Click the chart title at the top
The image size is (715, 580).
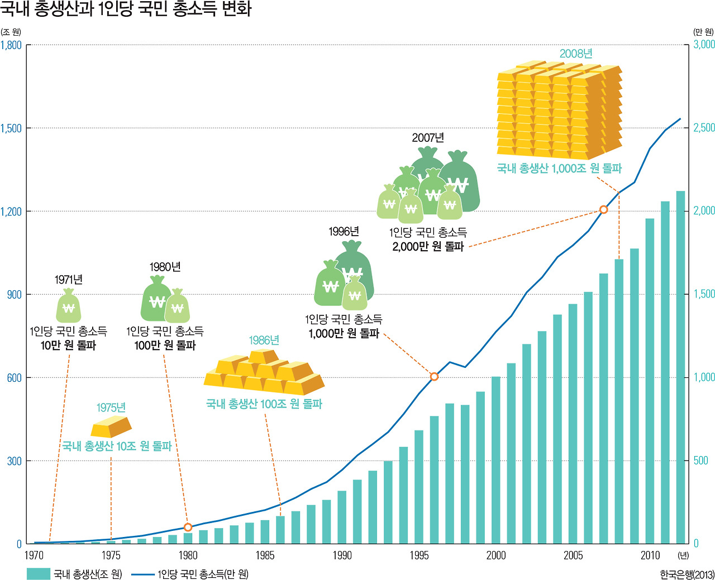(x=126, y=9)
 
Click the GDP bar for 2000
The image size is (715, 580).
(x=496, y=460)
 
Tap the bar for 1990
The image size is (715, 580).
(x=342, y=517)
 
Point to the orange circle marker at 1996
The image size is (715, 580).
(x=434, y=377)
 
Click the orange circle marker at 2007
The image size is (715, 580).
(x=603, y=209)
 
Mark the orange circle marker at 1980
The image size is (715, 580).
(x=188, y=527)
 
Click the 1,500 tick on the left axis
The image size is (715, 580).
(x=11, y=128)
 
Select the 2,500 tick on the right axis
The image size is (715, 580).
(x=704, y=128)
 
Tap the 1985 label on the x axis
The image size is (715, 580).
(x=265, y=555)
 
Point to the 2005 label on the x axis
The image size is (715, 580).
(x=573, y=555)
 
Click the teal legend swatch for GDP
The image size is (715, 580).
(x=39, y=574)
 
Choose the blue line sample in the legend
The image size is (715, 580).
(x=143, y=574)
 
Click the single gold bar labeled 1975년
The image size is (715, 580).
(x=111, y=427)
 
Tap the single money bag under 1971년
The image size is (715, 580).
(x=69, y=306)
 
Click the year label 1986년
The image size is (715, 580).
(x=264, y=341)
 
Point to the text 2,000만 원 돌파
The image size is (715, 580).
(x=428, y=246)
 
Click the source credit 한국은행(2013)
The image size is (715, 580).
(x=687, y=574)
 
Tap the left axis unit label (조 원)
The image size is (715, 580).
(x=11, y=32)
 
